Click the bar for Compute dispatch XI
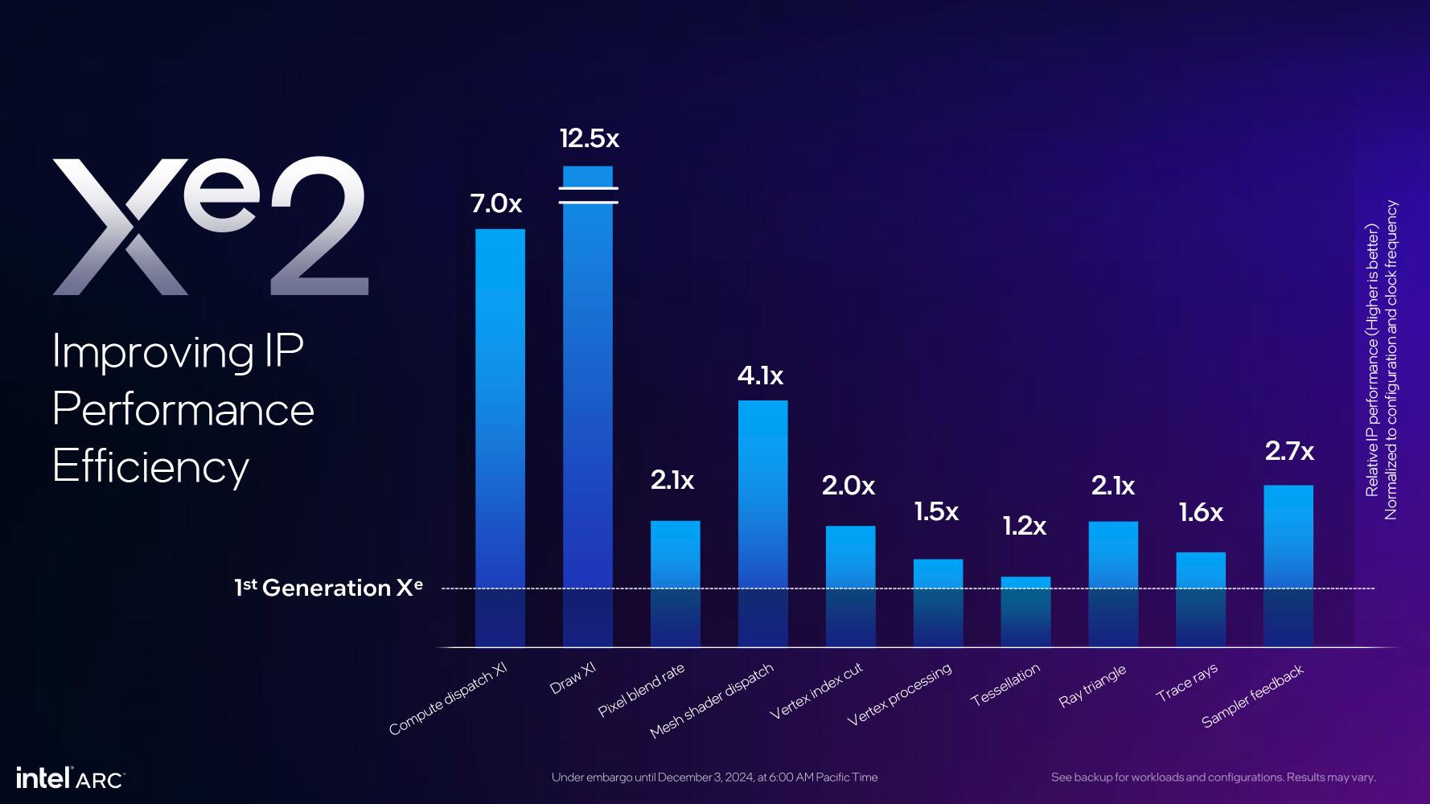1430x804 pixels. click(x=499, y=438)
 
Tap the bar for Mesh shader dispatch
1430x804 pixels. click(x=762, y=523)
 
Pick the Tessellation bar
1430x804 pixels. click(x=1025, y=611)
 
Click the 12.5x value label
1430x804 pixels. click(x=590, y=138)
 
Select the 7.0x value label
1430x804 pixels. click(x=496, y=203)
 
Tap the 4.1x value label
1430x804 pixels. click(x=760, y=375)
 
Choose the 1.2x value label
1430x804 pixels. click(x=1024, y=526)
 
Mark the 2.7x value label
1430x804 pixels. click(x=1289, y=451)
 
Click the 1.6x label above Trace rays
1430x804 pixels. click(x=1201, y=512)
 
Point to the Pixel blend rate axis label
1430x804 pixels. click(x=641, y=691)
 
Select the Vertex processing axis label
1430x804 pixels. click(x=899, y=695)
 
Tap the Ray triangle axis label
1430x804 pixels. click(x=1092, y=686)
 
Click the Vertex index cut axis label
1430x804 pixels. click(x=816, y=691)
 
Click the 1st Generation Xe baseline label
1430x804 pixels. click(x=328, y=588)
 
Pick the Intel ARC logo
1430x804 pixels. click(x=70, y=777)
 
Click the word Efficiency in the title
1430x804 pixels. click(x=150, y=466)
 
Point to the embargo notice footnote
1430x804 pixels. click(x=714, y=777)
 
